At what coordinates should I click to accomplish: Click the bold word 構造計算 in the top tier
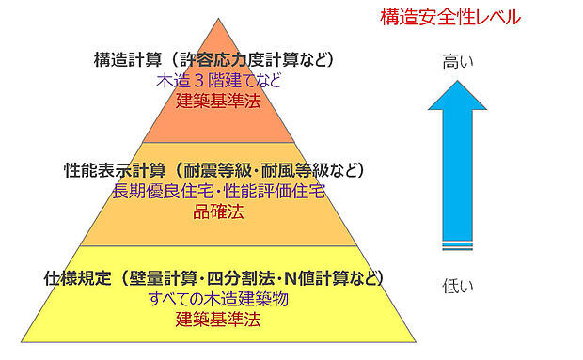click(126, 61)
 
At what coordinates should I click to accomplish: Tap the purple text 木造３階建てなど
click(218, 80)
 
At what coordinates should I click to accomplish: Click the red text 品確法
click(218, 211)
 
